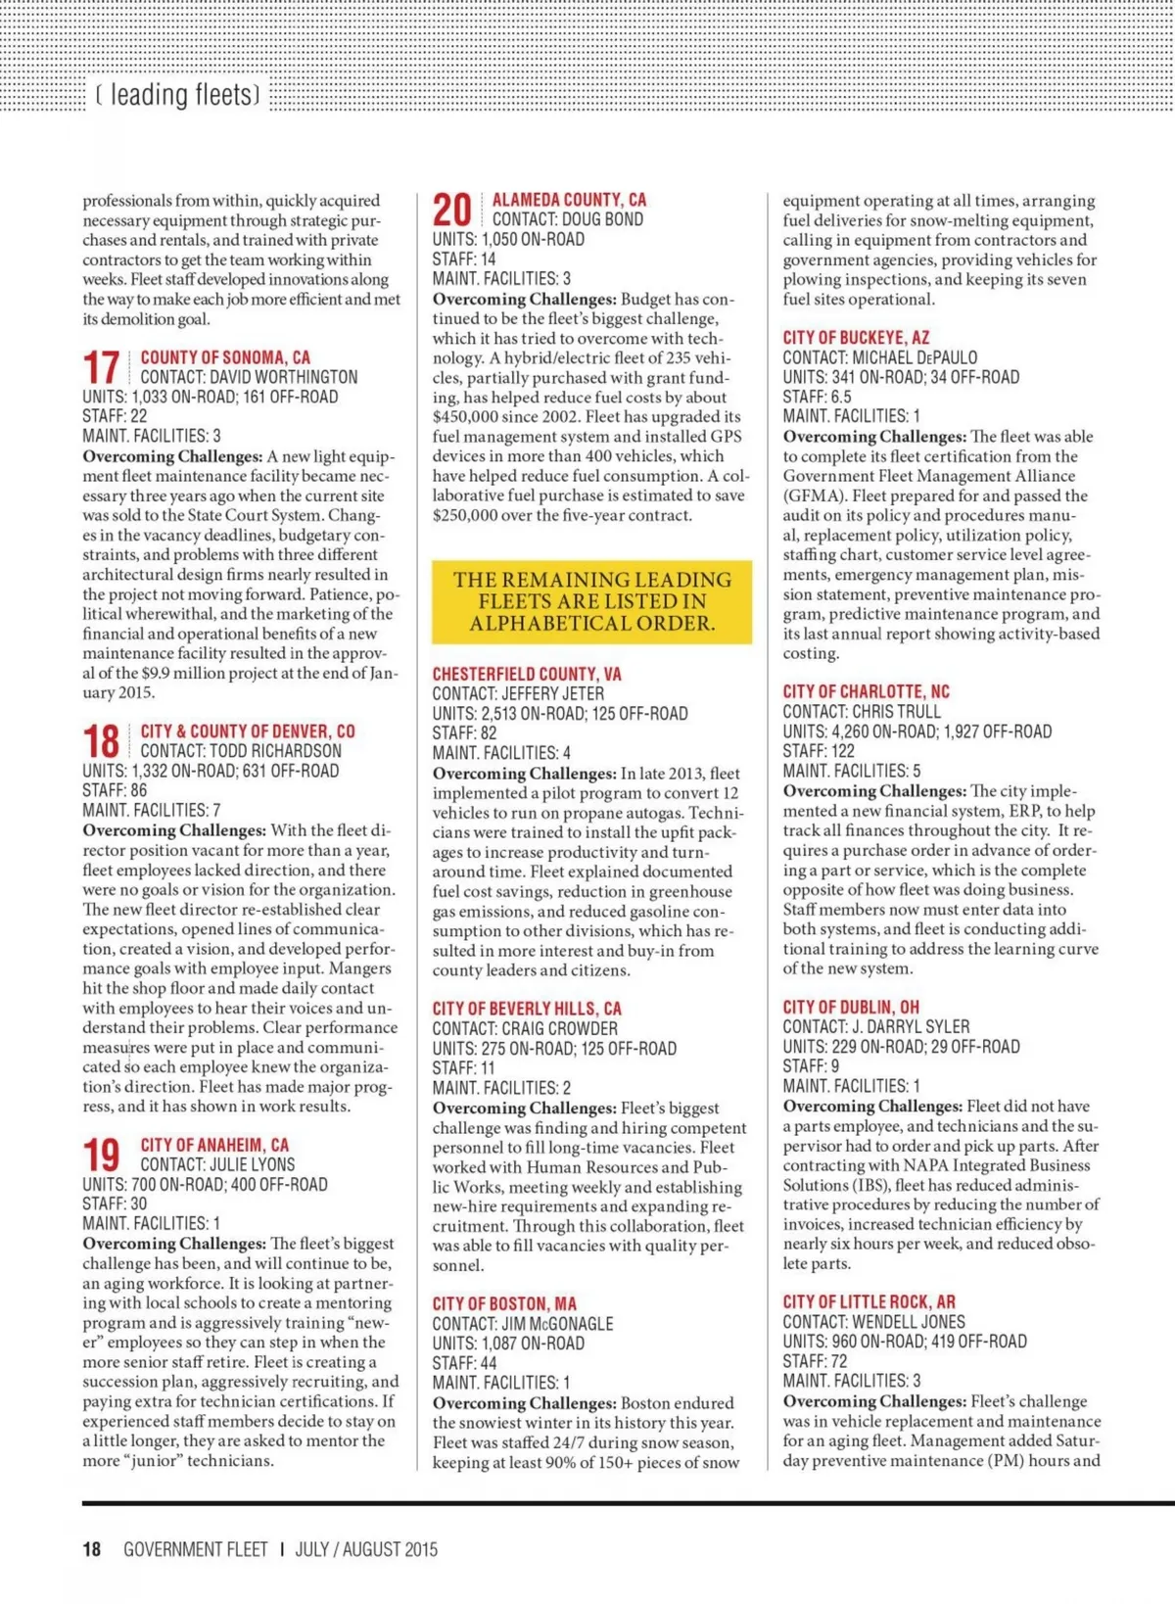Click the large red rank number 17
101,368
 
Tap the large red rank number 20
451,211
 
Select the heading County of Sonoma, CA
225,357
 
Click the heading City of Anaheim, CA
214,1145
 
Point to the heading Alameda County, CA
569,200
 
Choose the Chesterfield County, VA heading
527,674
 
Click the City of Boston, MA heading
504,1303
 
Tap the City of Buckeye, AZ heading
856,337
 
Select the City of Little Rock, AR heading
869,1301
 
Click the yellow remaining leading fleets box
591,601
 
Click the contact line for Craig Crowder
525,1028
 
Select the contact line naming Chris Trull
862,712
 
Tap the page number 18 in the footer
92,1549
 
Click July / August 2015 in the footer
366,1549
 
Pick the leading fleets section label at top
177,95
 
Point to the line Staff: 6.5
817,397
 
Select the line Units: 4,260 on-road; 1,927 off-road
916,731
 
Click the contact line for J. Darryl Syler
875,1026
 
